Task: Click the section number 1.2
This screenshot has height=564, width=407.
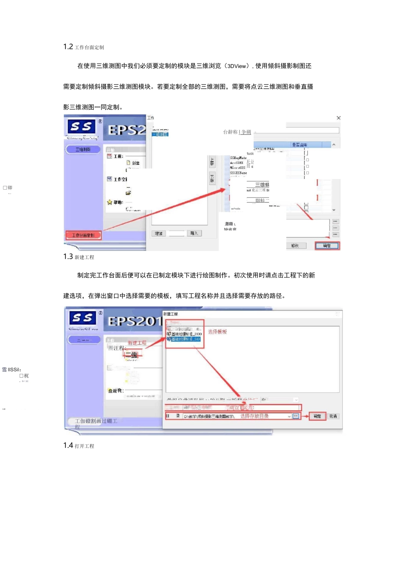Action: pos(68,47)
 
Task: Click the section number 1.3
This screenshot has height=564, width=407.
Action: pos(68,257)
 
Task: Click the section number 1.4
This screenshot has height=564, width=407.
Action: pos(68,445)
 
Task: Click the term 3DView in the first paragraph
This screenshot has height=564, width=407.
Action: pos(237,66)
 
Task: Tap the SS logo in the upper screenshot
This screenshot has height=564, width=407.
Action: pos(81,126)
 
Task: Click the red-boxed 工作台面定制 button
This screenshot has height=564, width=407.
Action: pos(83,235)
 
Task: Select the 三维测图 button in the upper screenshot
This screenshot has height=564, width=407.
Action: pos(83,149)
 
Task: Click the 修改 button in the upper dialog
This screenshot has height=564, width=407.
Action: pos(295,246)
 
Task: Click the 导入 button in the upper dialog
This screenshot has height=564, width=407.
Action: pos(194,233)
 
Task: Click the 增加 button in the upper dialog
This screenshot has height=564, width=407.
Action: pos(159,233)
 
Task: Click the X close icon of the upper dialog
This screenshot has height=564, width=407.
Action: pos(338,118)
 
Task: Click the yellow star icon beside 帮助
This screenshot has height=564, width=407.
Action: pos(110,202)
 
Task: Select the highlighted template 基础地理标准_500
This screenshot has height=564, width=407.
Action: pos(185,339)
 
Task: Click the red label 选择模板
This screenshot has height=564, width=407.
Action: pos(218,332)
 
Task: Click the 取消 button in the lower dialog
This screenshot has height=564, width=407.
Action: pos(333,416)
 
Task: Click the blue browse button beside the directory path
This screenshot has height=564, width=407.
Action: pos(296,416)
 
